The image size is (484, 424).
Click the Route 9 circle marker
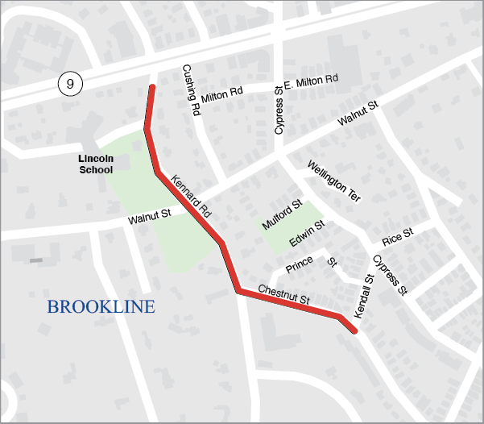70,82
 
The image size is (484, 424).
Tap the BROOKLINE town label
101,307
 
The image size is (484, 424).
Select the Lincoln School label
96,164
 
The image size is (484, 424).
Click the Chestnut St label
283,294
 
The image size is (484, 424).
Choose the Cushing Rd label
190,91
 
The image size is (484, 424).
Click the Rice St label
397,236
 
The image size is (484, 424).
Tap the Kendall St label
363,288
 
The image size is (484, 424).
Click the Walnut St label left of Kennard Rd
150,218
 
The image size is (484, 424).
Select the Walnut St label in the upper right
358,114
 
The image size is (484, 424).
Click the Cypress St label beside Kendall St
390,274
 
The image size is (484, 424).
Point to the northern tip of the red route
151,85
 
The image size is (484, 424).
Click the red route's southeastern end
354,330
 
